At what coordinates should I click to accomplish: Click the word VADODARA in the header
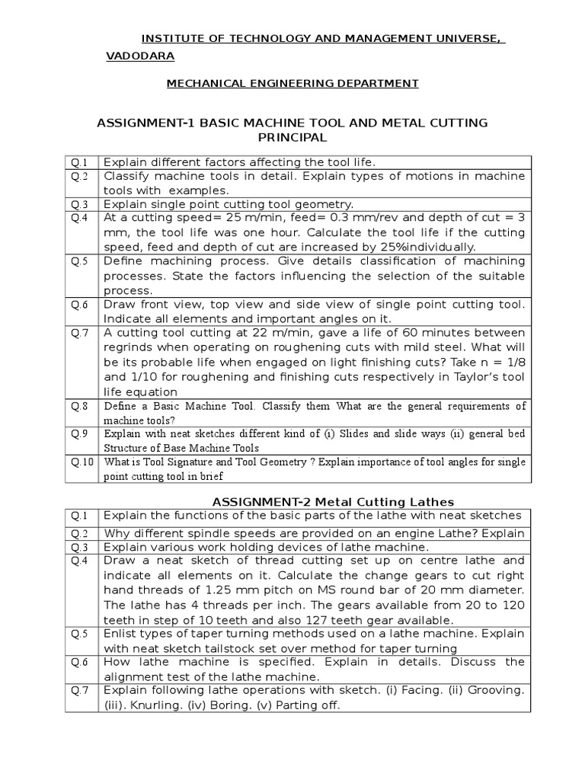coord(140,56)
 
